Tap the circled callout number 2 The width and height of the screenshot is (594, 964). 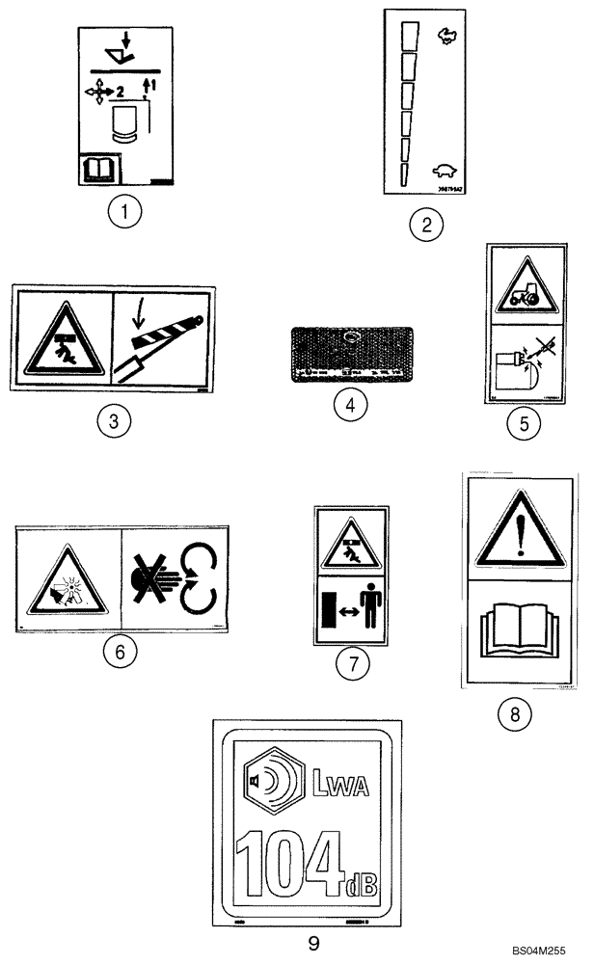coord(425,226)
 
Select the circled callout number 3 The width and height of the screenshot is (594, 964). coord(114,423)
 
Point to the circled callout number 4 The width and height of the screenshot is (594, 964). coord(351,406)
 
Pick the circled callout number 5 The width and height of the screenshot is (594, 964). coord(524,425)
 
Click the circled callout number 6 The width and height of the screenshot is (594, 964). coord(120,653)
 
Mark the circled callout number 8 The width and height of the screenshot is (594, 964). coord(514,714)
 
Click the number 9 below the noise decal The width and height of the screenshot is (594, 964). coord(312,941)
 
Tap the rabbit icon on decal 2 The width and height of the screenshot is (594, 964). coord(446,36)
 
